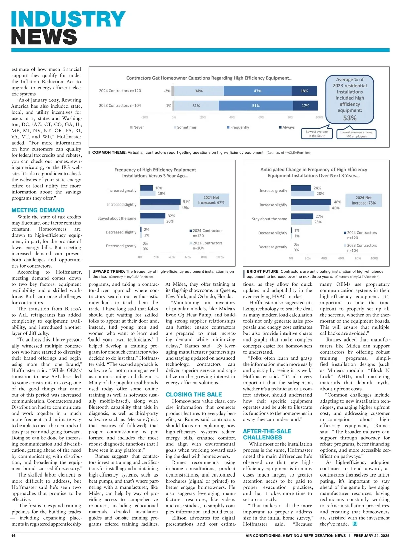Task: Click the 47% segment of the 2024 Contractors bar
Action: [x=258, y=91]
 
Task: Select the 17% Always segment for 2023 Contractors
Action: [x=305, y=106]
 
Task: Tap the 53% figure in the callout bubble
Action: [x=350, y=118]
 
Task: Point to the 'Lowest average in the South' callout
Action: [x=317, y=134]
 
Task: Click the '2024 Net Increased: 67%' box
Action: [x=211, y=200]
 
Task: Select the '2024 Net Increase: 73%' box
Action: [x=363, y=200]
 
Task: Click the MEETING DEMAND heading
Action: [x=38, y=210]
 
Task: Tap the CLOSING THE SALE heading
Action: [x=194, y=395]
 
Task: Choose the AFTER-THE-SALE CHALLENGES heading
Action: [x=267, y=434]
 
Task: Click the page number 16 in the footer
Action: [x=14, y=536]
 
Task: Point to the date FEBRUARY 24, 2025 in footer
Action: [x=371, y=536]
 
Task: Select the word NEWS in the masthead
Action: [x=44, y=37]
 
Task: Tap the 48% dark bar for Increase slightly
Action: [x=311, y=202]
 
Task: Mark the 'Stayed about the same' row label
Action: [x=117, y=218]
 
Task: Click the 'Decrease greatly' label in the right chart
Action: [x=273, y=247]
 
